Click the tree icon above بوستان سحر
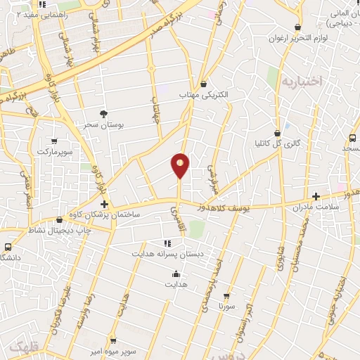tap(104, 113)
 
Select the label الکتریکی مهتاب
tap(204, 94)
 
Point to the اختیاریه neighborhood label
tap(302, 82)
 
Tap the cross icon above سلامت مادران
tap(316, 196)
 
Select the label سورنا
tap(226, 307)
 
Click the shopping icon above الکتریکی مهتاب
tap(203, 84)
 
